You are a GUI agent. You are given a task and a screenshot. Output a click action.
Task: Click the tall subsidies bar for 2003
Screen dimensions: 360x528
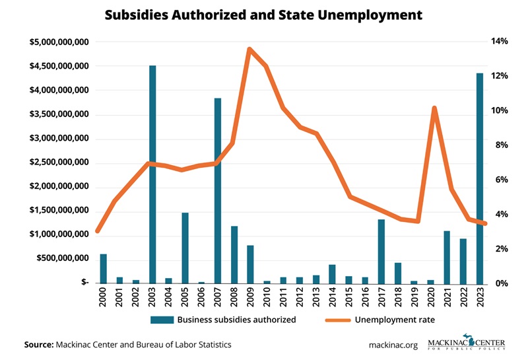[152, 174]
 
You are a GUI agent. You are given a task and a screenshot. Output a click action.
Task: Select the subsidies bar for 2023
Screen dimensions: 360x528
[480, 178]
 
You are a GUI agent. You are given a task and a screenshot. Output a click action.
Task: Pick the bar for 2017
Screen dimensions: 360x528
[381, 251]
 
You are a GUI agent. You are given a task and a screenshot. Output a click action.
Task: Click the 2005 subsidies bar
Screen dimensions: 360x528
[185, 248]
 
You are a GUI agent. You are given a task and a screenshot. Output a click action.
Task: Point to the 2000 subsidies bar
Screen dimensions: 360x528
[103, 268]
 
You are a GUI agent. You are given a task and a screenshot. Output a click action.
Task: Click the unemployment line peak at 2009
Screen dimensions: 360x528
[250, 49]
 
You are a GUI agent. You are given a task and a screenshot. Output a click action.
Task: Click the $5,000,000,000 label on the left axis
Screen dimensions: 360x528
[59, 42]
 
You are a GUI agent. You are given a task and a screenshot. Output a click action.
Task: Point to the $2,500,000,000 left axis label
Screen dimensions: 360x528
[59, 162]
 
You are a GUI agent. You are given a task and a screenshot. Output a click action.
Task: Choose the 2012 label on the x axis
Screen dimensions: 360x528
[300, 299]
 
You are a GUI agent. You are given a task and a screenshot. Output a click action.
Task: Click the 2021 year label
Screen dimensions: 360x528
[447, 299]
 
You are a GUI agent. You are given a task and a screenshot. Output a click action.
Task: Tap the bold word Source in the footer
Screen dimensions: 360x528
[39, 345]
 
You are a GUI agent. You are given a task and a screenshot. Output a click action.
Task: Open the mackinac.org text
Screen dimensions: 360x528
[393, 345]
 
